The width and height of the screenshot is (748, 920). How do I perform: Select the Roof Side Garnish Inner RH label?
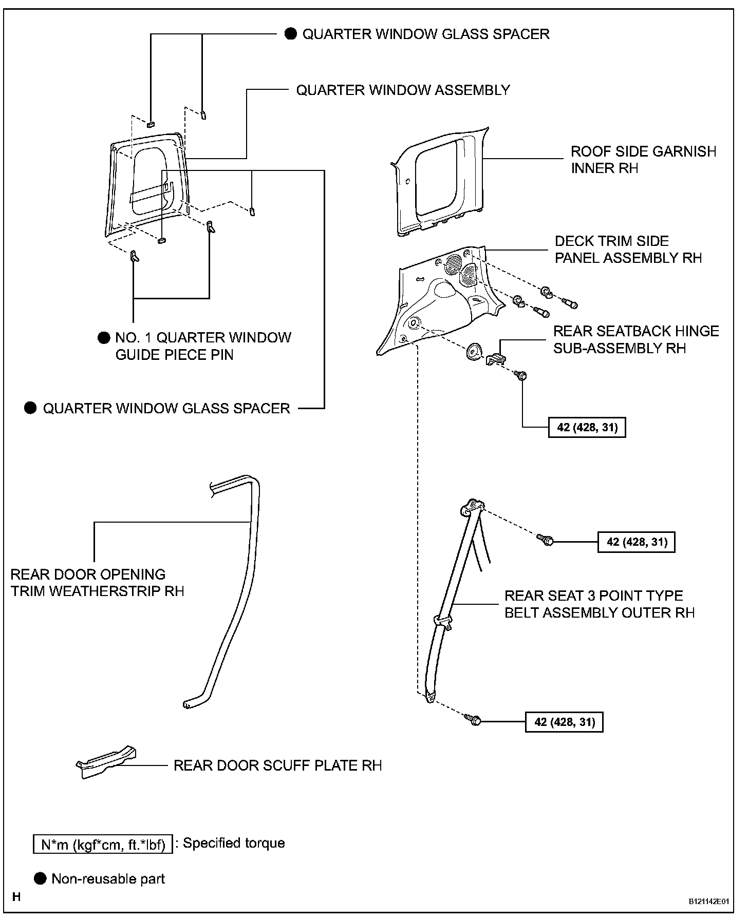point(643,160)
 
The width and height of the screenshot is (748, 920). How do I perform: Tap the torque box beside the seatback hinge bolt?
point(587,427)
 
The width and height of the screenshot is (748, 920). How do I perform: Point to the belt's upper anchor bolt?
point(545,540)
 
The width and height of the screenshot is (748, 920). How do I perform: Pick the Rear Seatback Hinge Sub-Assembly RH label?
point(635,339)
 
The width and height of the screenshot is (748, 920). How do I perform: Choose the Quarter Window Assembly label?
point(403,90)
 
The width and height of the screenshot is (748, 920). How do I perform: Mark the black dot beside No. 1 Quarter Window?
point(104,337)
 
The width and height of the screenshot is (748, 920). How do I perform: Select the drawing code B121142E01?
point(708,901)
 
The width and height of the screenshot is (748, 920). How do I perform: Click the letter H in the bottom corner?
point(16,897)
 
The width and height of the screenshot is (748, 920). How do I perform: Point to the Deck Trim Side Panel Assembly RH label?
point(628,250)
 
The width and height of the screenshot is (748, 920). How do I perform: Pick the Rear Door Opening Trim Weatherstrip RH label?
point(97,583)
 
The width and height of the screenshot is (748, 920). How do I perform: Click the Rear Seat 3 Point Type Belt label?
point(599,604)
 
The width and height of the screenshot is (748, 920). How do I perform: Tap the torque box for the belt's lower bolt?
point(564,722)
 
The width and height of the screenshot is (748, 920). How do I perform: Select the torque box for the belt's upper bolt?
point(636,542)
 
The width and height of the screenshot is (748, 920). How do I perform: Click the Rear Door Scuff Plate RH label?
point(277,765)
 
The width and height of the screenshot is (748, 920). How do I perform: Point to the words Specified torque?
point(234,843)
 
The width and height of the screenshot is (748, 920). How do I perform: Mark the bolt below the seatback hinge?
point(522,375)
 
